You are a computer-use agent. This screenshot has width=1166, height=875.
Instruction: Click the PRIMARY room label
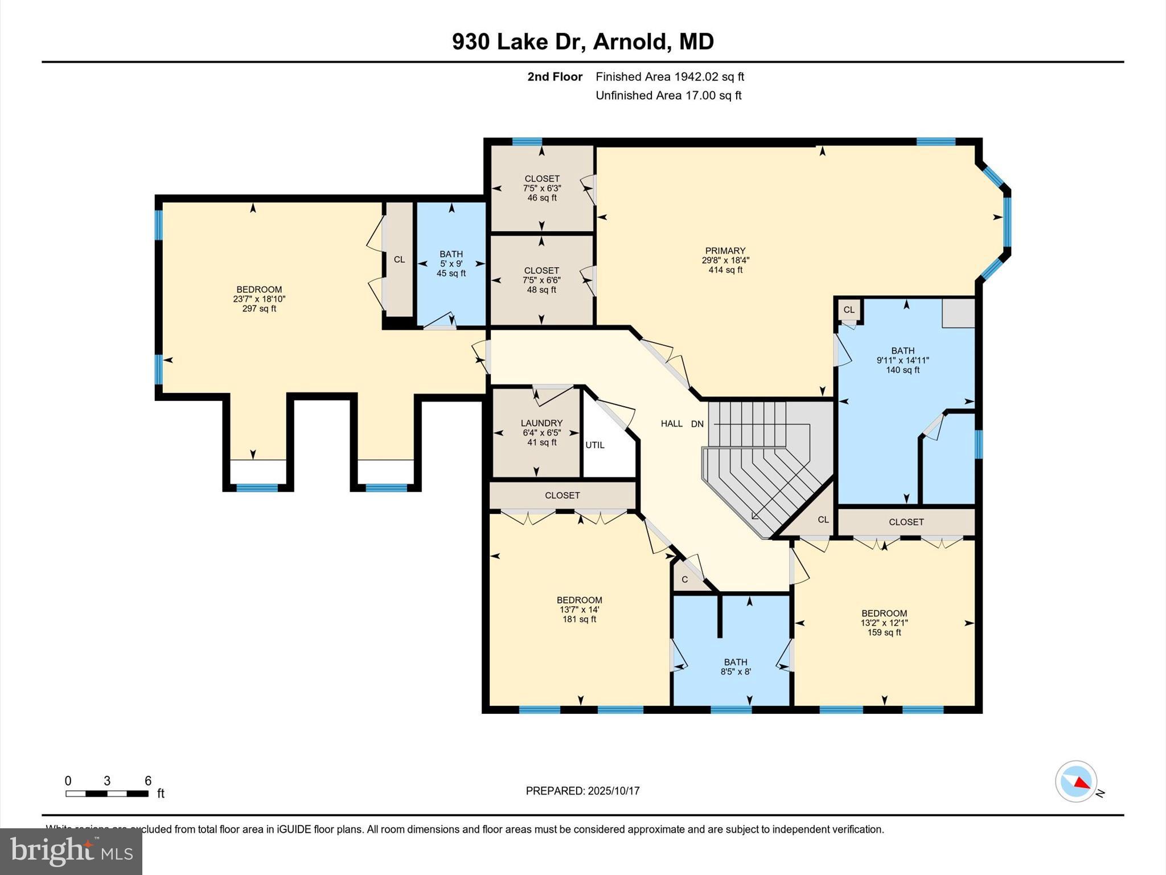(x=725, y=251)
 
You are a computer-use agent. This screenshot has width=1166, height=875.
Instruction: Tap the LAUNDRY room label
(x=541, y=423)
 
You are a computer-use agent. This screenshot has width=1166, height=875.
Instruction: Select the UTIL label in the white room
(x=595, y=445)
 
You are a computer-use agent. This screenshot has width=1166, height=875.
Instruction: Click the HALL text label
(x=671, y=424)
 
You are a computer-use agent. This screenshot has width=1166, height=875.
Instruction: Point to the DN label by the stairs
(x=697, y=424)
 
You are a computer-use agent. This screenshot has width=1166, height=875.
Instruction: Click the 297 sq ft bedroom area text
(x=259, y=309)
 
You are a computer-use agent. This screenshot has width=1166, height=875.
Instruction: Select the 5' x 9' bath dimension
(x=451, y=264)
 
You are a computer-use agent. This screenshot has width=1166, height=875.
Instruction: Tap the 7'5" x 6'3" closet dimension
(x=541, y=188)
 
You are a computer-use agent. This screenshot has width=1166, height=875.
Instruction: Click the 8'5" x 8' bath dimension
(x=736, y=672)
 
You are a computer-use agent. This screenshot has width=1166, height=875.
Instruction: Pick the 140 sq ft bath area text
(x=902, y=370)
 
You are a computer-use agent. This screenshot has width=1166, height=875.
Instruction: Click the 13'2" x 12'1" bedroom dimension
(x=884, y=623)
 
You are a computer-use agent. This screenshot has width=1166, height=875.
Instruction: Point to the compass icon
(x=1075, y=782)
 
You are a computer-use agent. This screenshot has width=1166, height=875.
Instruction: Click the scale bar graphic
(x=107, y=794)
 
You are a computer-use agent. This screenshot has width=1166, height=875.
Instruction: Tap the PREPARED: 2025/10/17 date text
(x=582, y=791)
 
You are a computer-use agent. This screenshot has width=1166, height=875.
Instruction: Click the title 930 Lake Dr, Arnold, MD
(x=582, y=42)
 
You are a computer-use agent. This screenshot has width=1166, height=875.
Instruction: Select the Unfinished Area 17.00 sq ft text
(x=668, y=96)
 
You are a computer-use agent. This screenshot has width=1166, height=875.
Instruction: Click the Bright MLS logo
(x=71, y=851)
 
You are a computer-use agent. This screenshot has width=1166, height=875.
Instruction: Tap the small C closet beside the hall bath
(x=685, y=580)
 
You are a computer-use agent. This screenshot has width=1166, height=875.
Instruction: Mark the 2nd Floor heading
(x=555, y=77)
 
